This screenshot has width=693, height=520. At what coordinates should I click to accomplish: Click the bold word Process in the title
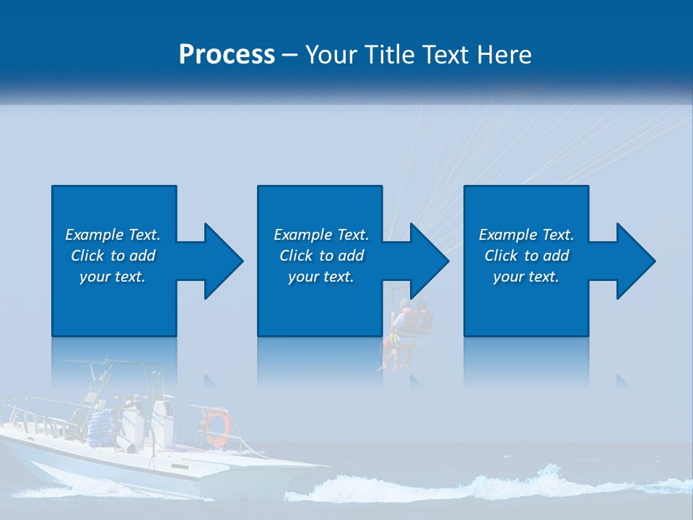227,54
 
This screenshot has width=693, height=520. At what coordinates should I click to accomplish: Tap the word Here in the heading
505,54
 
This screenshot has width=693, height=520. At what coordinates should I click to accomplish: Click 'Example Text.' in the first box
113,235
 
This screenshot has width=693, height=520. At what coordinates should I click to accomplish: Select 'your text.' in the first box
113,277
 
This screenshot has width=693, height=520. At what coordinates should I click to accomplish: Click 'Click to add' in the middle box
321,256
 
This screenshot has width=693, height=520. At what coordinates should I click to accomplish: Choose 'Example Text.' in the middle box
321,235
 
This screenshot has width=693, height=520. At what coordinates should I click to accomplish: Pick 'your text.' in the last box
526,277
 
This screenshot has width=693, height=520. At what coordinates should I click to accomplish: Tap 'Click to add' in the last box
526,256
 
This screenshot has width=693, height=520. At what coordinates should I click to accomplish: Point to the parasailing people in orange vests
407,325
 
